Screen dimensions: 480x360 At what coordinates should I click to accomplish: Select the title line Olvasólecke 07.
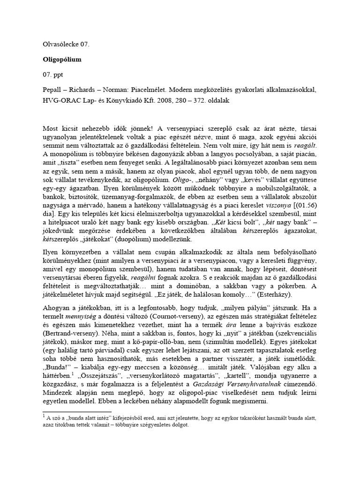point(66,45)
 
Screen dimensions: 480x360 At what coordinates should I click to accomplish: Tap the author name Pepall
point(52,89)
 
